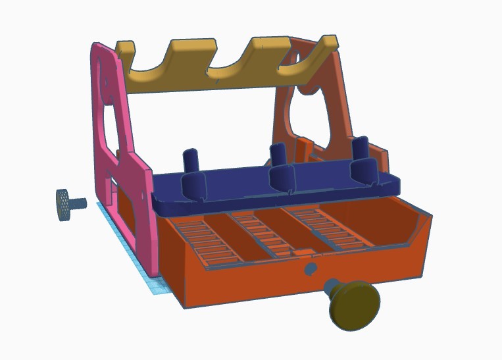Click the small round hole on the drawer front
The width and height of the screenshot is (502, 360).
tap(311, 269)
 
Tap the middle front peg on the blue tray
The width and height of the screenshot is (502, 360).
tap(283, 178)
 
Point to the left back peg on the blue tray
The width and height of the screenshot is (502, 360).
tap(190, 160)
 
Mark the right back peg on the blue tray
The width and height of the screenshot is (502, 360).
tap(360, 147)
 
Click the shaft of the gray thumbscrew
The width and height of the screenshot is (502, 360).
tap(80, 203)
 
